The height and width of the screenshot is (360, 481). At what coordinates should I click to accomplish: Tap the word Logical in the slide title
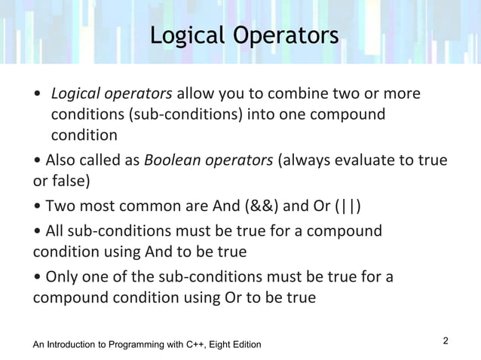pyautogui.click(x=183, y=35)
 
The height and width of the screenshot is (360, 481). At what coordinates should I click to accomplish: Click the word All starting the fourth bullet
pyautogui.click(x=57, y=230)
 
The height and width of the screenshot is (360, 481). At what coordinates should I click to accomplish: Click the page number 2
pyautogui.click(x=446, y=341)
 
